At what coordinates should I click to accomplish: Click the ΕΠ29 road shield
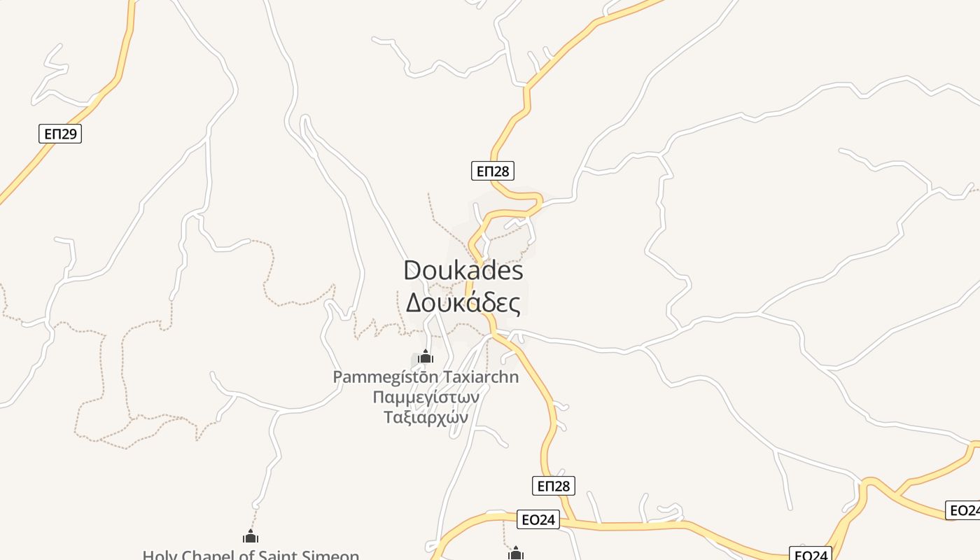pos(60,134)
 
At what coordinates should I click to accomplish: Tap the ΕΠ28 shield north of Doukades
pos(493,171)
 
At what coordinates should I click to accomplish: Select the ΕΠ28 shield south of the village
pos(553,486)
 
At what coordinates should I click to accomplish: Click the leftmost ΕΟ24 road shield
pos(538,519)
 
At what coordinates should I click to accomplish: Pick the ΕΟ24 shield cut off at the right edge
pos(964,510)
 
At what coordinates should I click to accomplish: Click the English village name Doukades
pos(463,271)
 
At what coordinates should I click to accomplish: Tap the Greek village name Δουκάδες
pos(463,304)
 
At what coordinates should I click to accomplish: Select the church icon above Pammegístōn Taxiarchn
pos(426,357)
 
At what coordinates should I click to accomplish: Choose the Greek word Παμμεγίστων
pos(426,397)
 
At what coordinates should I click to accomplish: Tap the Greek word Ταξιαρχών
pos(426,416)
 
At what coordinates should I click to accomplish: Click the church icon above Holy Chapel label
pos(251,537)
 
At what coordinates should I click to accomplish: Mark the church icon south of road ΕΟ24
pos(516,554)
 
